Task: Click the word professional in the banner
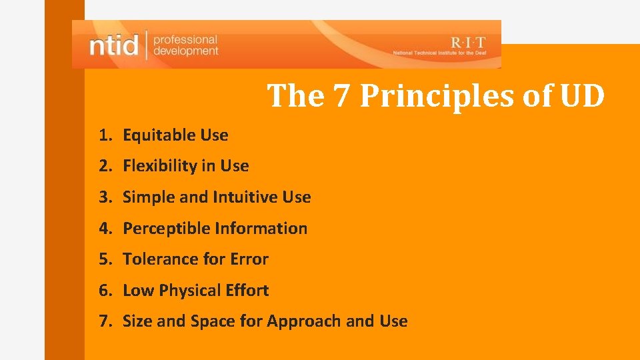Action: tap(185, 39)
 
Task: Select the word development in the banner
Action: tap(186, 51)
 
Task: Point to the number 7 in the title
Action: tap(340, 95)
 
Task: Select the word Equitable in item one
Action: tap(151, 135)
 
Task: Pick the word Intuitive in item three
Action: tap(245, 197)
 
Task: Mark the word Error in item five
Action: tap(249, 259)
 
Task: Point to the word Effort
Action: tap(247, 290)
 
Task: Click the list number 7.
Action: tap(103, 321)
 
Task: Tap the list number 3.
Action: tap(103, 197)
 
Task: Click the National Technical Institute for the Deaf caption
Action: tap(442, 53)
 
